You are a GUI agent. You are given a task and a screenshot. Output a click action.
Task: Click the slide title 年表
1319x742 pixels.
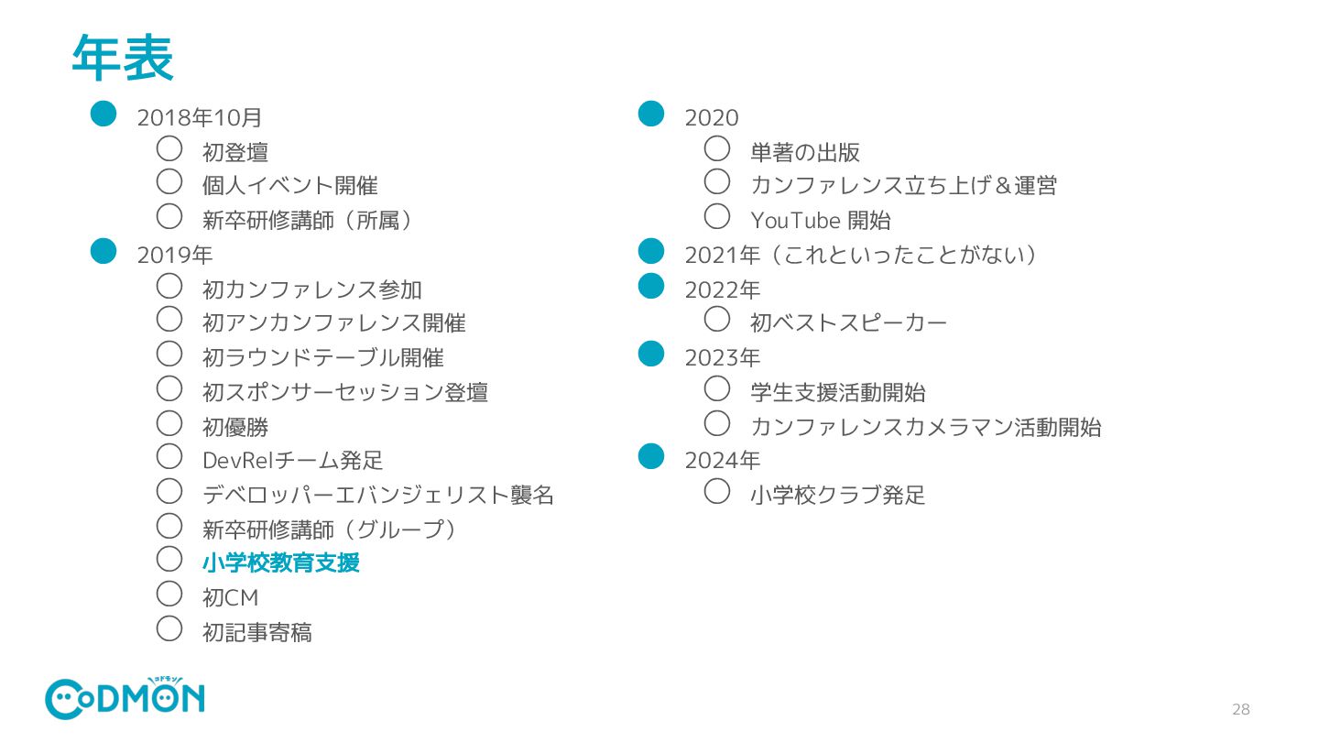pyautogui.click(x=122, y=59)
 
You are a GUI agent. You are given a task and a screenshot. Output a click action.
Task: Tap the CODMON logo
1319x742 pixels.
pyautogui.click(x=125, y=698)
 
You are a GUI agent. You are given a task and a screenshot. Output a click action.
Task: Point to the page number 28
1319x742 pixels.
pyautogui.click(x=1240, y=709)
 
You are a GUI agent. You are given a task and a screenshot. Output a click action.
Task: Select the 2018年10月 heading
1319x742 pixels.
pyautogui.click(x=200, y=118)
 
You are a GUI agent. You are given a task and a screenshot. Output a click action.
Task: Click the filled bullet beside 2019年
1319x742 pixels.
pyautogui.click(x=104, y=250)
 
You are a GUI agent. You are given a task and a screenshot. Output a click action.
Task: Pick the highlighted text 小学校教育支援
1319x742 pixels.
pyautogui.click(x=280, y=562)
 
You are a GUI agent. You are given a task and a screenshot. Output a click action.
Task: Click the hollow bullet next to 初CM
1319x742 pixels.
pyautogui.click(x=169, y=594)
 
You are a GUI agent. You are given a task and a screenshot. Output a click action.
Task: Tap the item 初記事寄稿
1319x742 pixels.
pyautogui.click(x=256, y=632)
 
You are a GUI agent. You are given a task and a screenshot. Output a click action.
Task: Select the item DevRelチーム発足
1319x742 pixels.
pyautogui.click(x=292, y=460)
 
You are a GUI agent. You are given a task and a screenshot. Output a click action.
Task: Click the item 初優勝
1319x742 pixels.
pyautogui.click(x=234, y=427)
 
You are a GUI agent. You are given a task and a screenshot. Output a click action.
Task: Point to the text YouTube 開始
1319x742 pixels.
pyautogui.click(x=820, y=221)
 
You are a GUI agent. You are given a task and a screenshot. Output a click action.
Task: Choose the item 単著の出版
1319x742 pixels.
pyautogui.click(x=804, y=152)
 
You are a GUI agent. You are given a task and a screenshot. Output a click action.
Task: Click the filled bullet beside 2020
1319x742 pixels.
pyautogui.click(x=650, y=113)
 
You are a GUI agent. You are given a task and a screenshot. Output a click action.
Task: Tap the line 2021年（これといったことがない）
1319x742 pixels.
pyautogui.click(x=861, y=256)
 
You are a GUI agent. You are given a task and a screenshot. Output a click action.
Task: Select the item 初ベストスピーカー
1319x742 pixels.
pyautogui.click(x=848, y=322)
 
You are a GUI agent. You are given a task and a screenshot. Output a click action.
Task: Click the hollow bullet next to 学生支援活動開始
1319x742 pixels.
pyautogui.click(x=717, y=388)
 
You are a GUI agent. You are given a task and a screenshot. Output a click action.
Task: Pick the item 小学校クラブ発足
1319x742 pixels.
pyautogui.click(x=837, y=495)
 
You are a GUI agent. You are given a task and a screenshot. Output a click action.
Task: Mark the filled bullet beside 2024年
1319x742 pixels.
pyautogui.click(x=650, y=455)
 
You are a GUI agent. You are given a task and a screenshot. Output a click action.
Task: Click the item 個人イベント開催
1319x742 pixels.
pyautogui.click(x=289, y=186)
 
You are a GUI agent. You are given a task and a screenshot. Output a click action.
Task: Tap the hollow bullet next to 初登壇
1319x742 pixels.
pyautogui.click(x=169, y=147)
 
